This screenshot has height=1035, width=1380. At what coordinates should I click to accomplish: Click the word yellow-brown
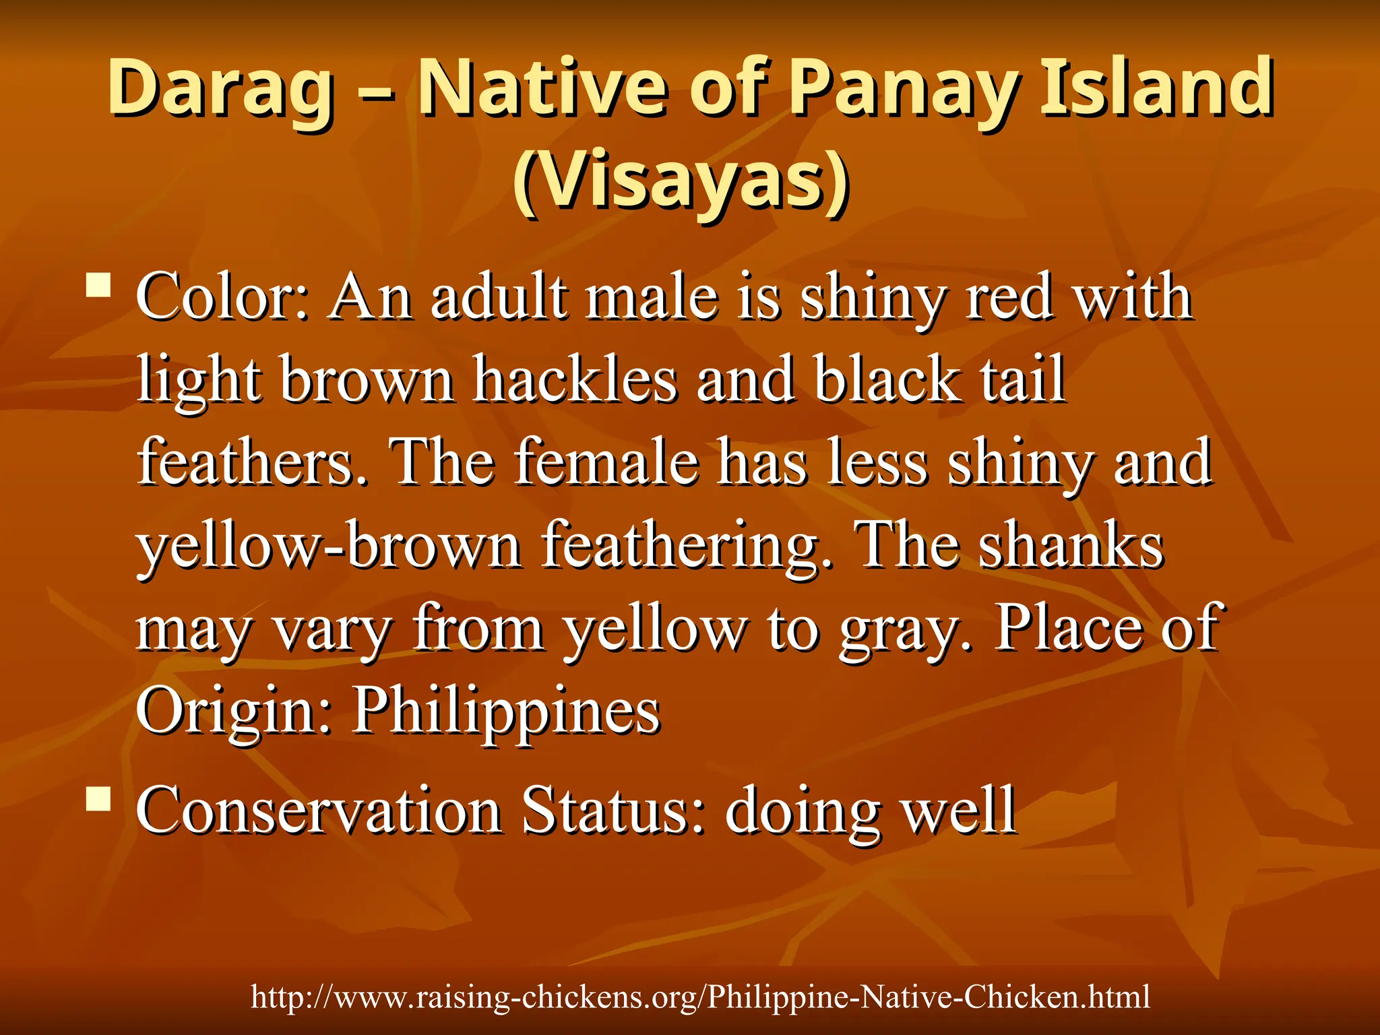tap(330, 546)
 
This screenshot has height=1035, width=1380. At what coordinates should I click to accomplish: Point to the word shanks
tap(1071, 546)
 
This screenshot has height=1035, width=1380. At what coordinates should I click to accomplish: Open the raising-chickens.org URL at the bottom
tap(700, 997)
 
